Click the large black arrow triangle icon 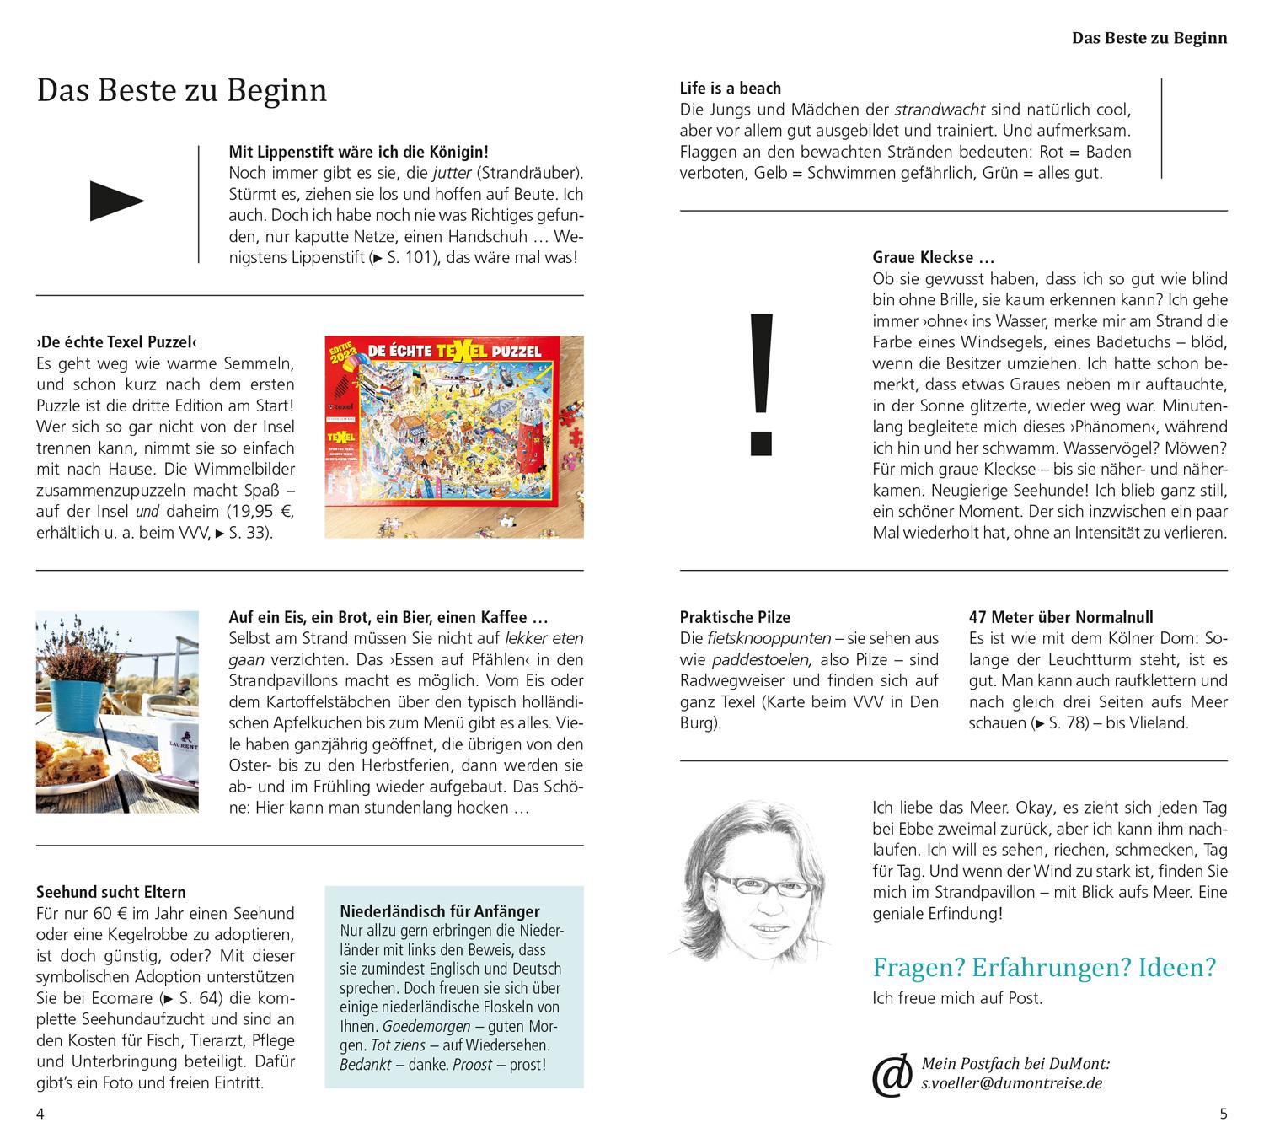point(116,201)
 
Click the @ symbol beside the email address point(892,1075)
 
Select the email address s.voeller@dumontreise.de point(1012,1084)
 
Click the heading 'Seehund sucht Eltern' point(111,892)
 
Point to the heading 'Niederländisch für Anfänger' point(440,911)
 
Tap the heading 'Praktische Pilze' point(735,617)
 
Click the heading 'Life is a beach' point(731,89)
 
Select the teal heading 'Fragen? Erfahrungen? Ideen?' point(1044,967)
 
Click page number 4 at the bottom point(40,1114)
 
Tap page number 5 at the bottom point(1224,1114)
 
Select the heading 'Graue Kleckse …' point(934,258)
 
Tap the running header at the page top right point(1149,38)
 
